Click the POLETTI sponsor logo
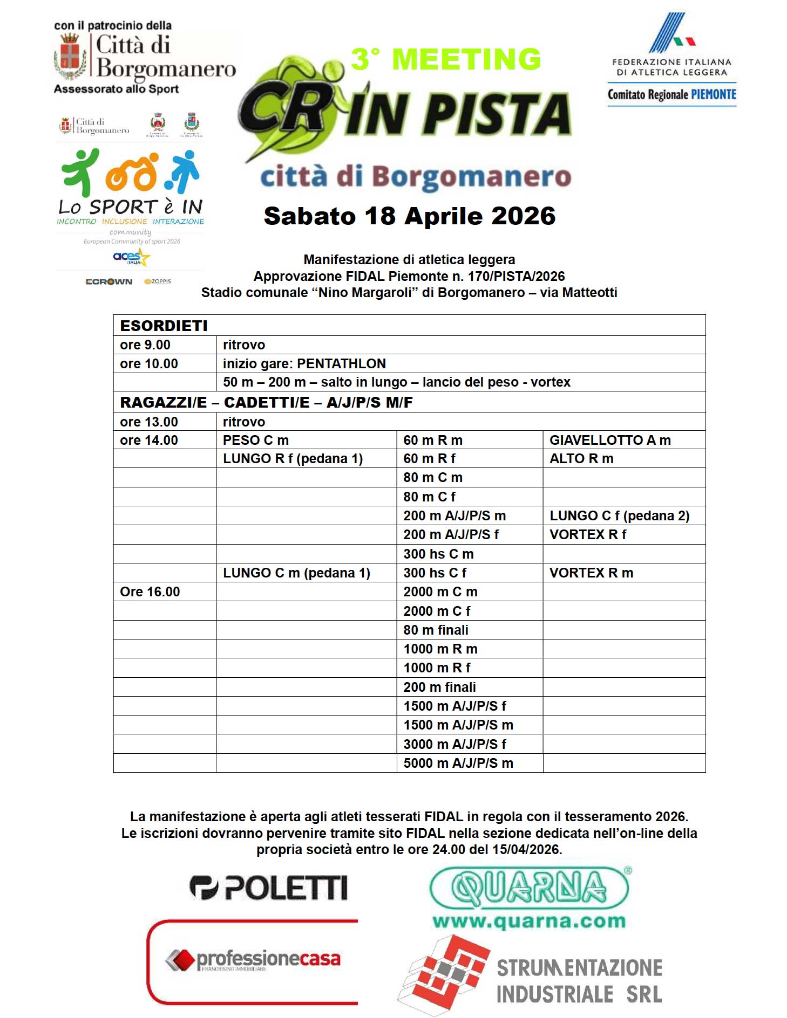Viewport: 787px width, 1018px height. click(x=268, y=888)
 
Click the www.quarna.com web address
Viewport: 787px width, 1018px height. click(x=529, y=921)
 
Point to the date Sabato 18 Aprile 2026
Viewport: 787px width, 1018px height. click(x=409, y=216)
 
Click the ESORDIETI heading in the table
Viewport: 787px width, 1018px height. click(x=164, y=326)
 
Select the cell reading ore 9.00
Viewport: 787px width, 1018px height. click(x=145, y=345)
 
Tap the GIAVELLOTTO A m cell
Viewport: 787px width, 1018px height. click(x=610, y=441)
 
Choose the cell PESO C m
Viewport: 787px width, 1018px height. click(x=256, y=441)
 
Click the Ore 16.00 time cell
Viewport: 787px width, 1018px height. click(x=150, y=592)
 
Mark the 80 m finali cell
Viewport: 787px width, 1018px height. click(x=436, y=630)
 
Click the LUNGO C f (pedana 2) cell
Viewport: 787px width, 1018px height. click(x=619, y=516)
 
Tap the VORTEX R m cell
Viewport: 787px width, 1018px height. click(x=591, y=573)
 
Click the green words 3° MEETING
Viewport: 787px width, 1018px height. click(x=446, y=59)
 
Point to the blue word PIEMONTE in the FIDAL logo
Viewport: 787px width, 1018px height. click(x=714, y=95)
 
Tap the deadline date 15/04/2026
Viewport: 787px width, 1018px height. click(x=526, y=850)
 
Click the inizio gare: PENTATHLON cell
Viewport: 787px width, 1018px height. click(x=304, y=364)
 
